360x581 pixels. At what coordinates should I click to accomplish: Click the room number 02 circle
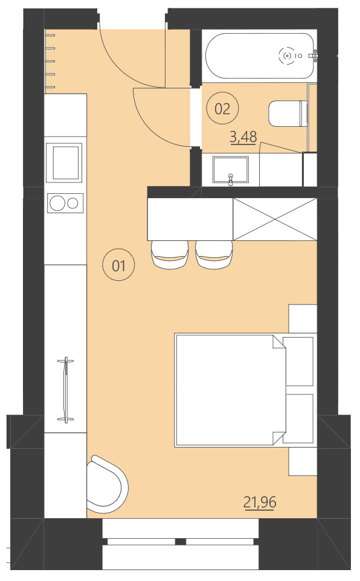222,109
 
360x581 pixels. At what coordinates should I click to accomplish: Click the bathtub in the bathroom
260,56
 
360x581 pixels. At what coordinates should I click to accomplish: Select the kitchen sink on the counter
65,162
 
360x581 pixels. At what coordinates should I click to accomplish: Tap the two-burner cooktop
65,202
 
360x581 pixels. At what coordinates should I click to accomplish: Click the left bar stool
169,254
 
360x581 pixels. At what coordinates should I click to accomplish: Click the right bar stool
214,254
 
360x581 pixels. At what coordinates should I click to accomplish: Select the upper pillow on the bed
298,361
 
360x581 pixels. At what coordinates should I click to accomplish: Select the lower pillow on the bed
298,419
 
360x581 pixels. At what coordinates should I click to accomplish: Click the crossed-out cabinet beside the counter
275,218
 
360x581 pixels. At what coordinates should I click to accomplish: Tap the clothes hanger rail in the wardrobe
65,390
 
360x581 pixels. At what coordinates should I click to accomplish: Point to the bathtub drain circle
288,56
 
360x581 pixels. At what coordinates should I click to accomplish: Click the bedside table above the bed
303,318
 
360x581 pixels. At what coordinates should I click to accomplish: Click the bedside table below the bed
303,461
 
